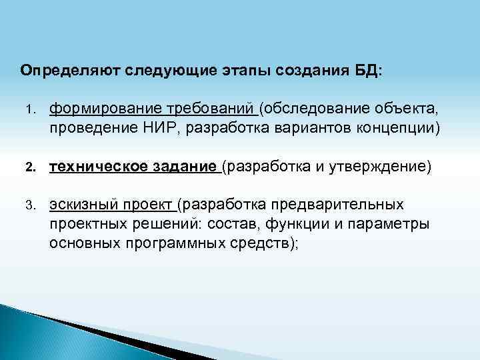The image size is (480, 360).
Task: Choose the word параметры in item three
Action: pyautogui.click(x=393, y=223)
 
